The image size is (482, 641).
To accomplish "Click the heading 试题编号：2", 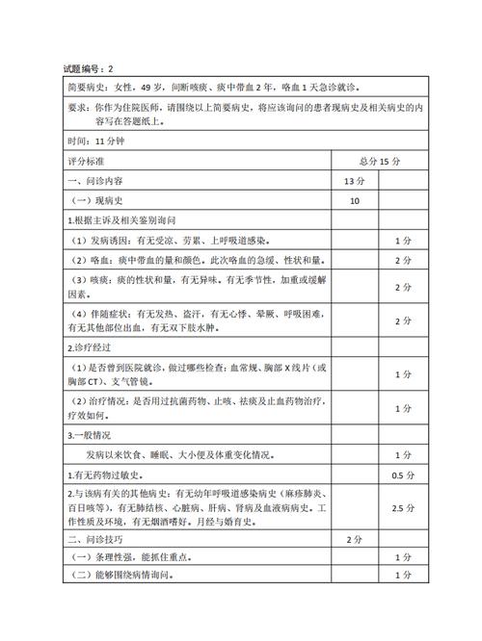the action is click(x=88, y=69).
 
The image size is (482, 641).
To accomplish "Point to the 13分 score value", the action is click(x=355, y=180).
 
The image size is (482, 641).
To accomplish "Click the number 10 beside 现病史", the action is click(x=355, y=200).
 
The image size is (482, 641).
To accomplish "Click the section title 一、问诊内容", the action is click(x=95, y=180).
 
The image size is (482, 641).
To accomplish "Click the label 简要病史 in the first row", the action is click(x=88, y=87).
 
